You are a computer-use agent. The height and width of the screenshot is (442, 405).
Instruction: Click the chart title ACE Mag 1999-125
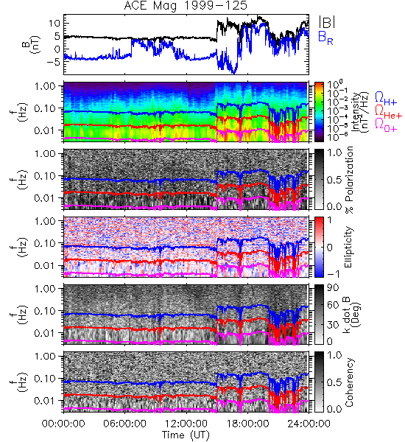[186, 6]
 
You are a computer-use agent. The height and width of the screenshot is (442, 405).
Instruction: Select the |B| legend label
[327, 22]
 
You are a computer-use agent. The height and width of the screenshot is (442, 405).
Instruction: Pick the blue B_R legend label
[325, 38]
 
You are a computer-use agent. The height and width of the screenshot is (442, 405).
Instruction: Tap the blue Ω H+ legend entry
[386, 99]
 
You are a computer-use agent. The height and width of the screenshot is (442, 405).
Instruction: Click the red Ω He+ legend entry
[388, 112]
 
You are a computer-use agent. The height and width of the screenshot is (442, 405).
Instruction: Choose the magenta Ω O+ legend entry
[386, 125]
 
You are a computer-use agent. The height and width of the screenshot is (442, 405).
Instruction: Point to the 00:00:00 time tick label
[63, 424]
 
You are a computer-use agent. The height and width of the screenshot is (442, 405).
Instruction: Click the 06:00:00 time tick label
[124, 424]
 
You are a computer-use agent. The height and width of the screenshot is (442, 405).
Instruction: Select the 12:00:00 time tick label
[186, 424]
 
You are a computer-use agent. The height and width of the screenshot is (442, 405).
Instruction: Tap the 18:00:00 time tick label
[247, 424]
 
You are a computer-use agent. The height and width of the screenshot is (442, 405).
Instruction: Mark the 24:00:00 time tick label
[309, 424]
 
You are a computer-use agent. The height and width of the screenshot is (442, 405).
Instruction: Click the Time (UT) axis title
[186, 435]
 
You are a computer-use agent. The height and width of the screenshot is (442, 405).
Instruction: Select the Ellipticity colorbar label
[348, 248]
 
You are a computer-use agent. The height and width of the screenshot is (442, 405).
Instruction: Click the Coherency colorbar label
[349, 382]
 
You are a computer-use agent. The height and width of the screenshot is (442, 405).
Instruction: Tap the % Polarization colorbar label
[349, 180]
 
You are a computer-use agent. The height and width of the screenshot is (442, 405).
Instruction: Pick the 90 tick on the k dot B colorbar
[334, 288]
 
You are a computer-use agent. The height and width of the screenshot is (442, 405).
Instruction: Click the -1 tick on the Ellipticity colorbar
[333, 274]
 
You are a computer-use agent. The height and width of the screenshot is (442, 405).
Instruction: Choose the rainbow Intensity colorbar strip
[319, 112]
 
